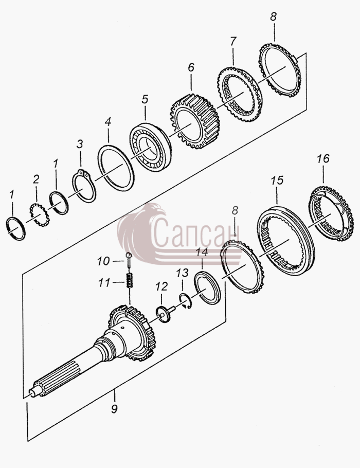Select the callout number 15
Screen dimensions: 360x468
click(277, 181)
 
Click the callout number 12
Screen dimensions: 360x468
click(161, 286)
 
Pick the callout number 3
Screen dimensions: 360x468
click(79, 144)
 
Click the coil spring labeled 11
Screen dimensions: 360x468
click(129, 281)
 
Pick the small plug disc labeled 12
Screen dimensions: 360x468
click(163, 315)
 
